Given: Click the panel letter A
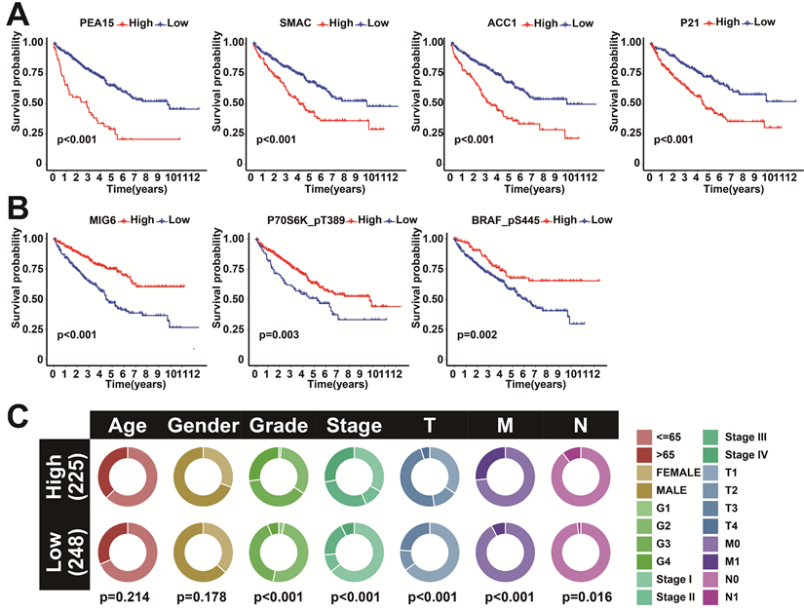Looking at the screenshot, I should [19, 17].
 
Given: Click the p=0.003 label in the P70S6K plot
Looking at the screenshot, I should [279, 335].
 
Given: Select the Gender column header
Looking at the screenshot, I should [203, 425].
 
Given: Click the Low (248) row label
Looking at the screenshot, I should [59, 553].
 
